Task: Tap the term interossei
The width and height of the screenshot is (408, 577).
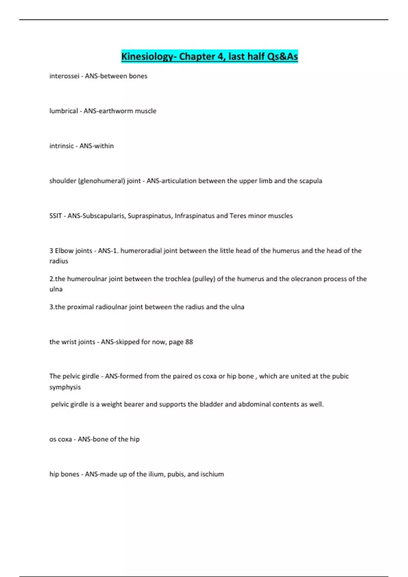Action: (64, 76)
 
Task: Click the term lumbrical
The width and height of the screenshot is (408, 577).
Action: (64, 111)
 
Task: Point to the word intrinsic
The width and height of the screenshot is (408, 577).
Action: (62, 146)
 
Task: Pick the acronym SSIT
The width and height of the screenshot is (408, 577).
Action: (55, 216)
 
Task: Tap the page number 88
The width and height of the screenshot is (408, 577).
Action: (189, 342)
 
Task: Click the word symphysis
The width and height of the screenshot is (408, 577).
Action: (65, 387)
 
